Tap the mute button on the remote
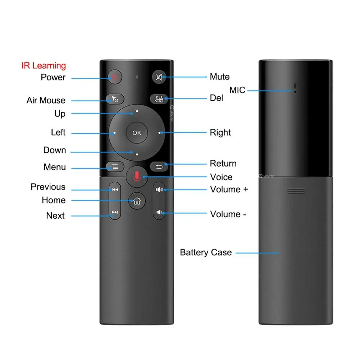click(159, 77)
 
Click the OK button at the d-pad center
click(137, 133)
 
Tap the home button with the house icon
click(137, 201)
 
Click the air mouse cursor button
click(115, 99)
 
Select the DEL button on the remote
click(159, 99)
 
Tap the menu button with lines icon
click(115, 167)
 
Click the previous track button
click(115, 190)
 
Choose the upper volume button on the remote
click(159, 190)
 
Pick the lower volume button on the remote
click(159, 212)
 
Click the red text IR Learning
click(44, 65)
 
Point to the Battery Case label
click(206, 252)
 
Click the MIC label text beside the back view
click(237, 90)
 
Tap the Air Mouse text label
click(46, 100)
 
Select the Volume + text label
click(229, 189)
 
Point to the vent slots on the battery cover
click(296, 191)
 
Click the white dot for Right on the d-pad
click(159, 133)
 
